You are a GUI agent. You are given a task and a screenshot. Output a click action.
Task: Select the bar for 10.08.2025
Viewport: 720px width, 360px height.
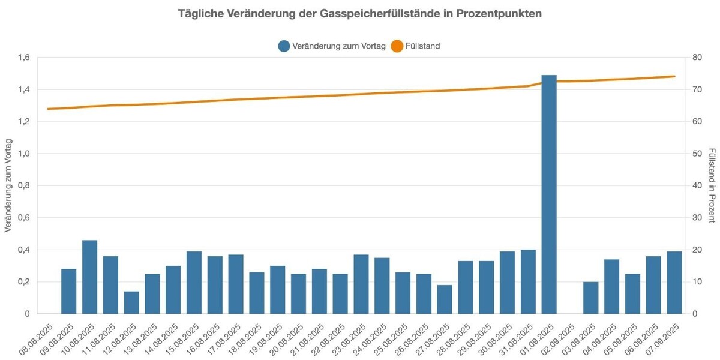pyautogui.click(x=90, y=277)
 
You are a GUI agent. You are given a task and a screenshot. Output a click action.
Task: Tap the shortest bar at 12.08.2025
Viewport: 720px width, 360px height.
pyautogui.click(x=131, y=302)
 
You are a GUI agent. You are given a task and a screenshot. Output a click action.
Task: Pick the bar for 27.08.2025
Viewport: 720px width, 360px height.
pyautogui.click(x=445, y=299)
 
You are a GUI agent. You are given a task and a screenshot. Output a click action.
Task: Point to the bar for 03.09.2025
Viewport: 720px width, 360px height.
pyautogui.click(x=591, y=298)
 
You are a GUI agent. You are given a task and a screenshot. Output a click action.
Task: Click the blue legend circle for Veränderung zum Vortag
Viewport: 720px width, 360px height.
pyautogui.click(x=284, y=46)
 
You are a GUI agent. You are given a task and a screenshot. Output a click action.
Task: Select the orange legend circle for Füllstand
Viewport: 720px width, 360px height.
pyautogui.click(x=397, y=46)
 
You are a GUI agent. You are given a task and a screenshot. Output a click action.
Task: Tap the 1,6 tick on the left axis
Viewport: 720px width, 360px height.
pyautogui.click(x=24, y=58)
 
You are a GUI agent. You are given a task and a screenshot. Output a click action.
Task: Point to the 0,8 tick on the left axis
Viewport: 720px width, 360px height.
pyautogui.click(x=24, y=185)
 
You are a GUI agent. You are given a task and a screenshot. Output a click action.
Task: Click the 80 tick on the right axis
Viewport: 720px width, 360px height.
pyautogui.click(x=697, y=58)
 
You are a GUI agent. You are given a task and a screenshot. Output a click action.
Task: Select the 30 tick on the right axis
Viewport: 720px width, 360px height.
pyautogui.click(x=697, y=218)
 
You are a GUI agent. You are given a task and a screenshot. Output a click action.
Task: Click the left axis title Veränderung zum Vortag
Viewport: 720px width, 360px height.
pyautogui.click(x=8, y=185)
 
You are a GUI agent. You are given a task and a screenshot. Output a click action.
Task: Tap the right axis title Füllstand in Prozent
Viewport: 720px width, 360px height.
pyautogui.click(x=712, y=185)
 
